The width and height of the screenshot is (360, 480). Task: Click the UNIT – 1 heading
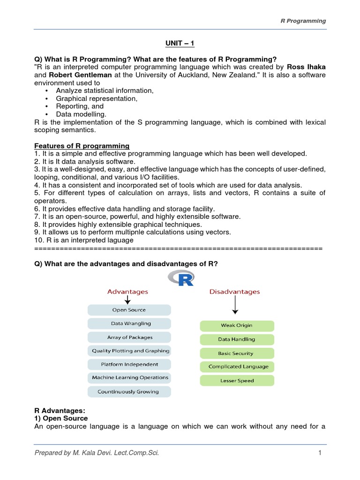click(180, 44)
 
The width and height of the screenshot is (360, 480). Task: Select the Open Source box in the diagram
click(129, 310)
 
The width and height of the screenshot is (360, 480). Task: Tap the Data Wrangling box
click(129, 323)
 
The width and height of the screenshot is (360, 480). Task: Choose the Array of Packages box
click(129, 337)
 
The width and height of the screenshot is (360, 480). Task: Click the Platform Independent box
click(129, 364)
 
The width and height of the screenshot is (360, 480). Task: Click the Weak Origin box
click(237, 326)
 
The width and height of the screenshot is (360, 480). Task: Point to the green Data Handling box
click(237, 339)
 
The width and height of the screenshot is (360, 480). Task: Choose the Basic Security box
click(237, 353)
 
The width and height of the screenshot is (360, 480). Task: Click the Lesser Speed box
click(237, 381)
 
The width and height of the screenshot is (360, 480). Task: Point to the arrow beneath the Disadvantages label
click(235, 306)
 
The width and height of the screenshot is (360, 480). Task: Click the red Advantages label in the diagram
click(127, 292)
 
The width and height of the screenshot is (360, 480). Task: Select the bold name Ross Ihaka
click(306, 67)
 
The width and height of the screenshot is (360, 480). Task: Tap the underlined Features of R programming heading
click(82, 146)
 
